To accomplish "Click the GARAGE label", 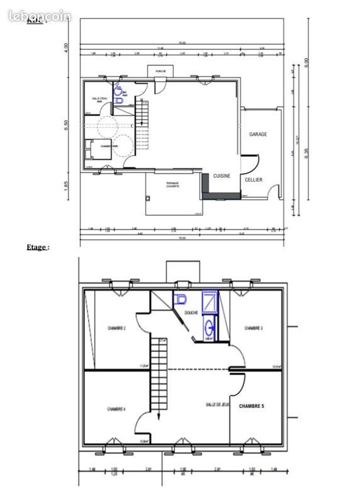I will pos(258,135).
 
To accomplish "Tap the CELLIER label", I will pos(254,180).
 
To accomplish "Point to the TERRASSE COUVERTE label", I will pos(173,185).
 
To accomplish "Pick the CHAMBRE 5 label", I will pos(252,407).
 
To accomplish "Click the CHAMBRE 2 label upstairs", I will pos(116,328).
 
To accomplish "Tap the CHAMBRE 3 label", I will pos(254,328).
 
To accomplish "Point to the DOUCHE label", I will pos(191,312).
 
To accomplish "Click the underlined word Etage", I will pos(36,247).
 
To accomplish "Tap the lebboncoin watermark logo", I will pos(40,16).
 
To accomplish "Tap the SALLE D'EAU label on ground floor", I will pos(101,99).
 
